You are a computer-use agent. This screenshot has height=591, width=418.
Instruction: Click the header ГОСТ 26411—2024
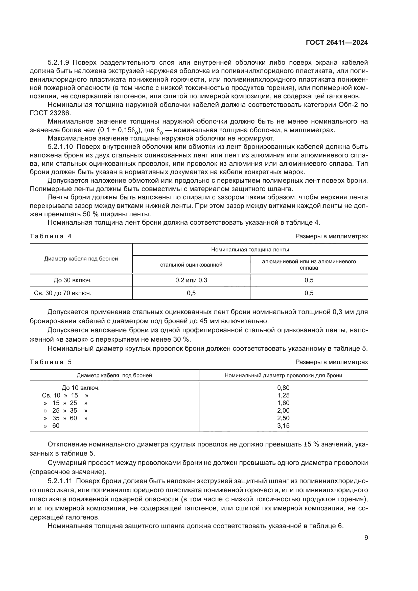[x=337, y=43]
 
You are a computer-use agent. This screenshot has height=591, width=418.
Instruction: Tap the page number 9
[x=366, y=538]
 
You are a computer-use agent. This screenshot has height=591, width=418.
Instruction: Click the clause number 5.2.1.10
[x=60, y=147]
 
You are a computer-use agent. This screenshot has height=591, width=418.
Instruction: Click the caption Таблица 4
[x=51, y=236]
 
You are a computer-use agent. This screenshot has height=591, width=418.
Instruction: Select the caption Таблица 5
[x=51, y=362]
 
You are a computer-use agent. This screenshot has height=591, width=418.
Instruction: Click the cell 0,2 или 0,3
[x=191, y=280]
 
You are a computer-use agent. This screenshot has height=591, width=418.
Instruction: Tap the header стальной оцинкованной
[x=191, y=265]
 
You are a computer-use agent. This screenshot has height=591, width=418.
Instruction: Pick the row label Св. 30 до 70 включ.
[x=62, y=293]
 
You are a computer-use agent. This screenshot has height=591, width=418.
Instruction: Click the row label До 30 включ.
[x=73, y=280]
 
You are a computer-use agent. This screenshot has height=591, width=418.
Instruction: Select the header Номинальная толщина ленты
[x=250, y=249]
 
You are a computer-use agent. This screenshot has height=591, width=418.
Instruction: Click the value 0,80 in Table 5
[x=283, y=388]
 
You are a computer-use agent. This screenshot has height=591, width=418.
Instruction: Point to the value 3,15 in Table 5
[x=283, y=425]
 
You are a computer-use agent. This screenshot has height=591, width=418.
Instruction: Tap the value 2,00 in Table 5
[x=283, y=410]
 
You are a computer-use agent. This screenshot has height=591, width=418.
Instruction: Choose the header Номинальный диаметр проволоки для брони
[x=283, y=375]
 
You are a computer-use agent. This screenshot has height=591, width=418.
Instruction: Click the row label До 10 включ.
[x=81, y=388]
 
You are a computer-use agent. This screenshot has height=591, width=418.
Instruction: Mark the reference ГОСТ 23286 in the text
[x=50, y=113]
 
